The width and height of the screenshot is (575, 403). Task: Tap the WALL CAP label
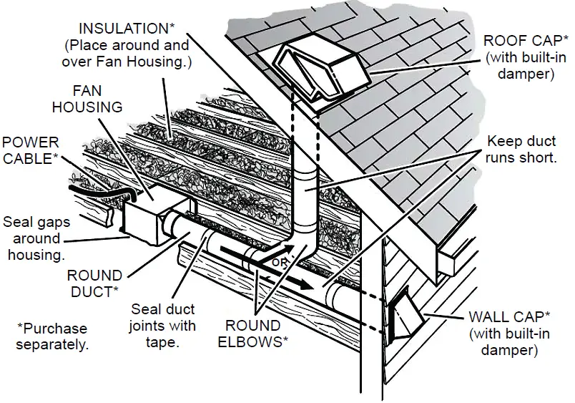[509, 316]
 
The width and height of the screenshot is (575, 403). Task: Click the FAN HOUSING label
[97, 99]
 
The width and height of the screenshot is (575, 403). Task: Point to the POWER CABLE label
[30, 150]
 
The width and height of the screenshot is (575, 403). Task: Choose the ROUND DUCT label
[94, 282]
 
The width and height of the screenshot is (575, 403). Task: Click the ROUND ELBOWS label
[256, 334]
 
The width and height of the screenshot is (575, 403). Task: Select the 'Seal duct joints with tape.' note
[164, 326]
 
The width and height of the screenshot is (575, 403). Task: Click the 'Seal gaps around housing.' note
[35, 238]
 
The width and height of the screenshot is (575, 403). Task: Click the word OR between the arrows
[280, 263]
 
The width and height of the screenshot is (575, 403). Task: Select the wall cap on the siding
[402, 316]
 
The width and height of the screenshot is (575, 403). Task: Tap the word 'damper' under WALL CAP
[509, 350]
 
